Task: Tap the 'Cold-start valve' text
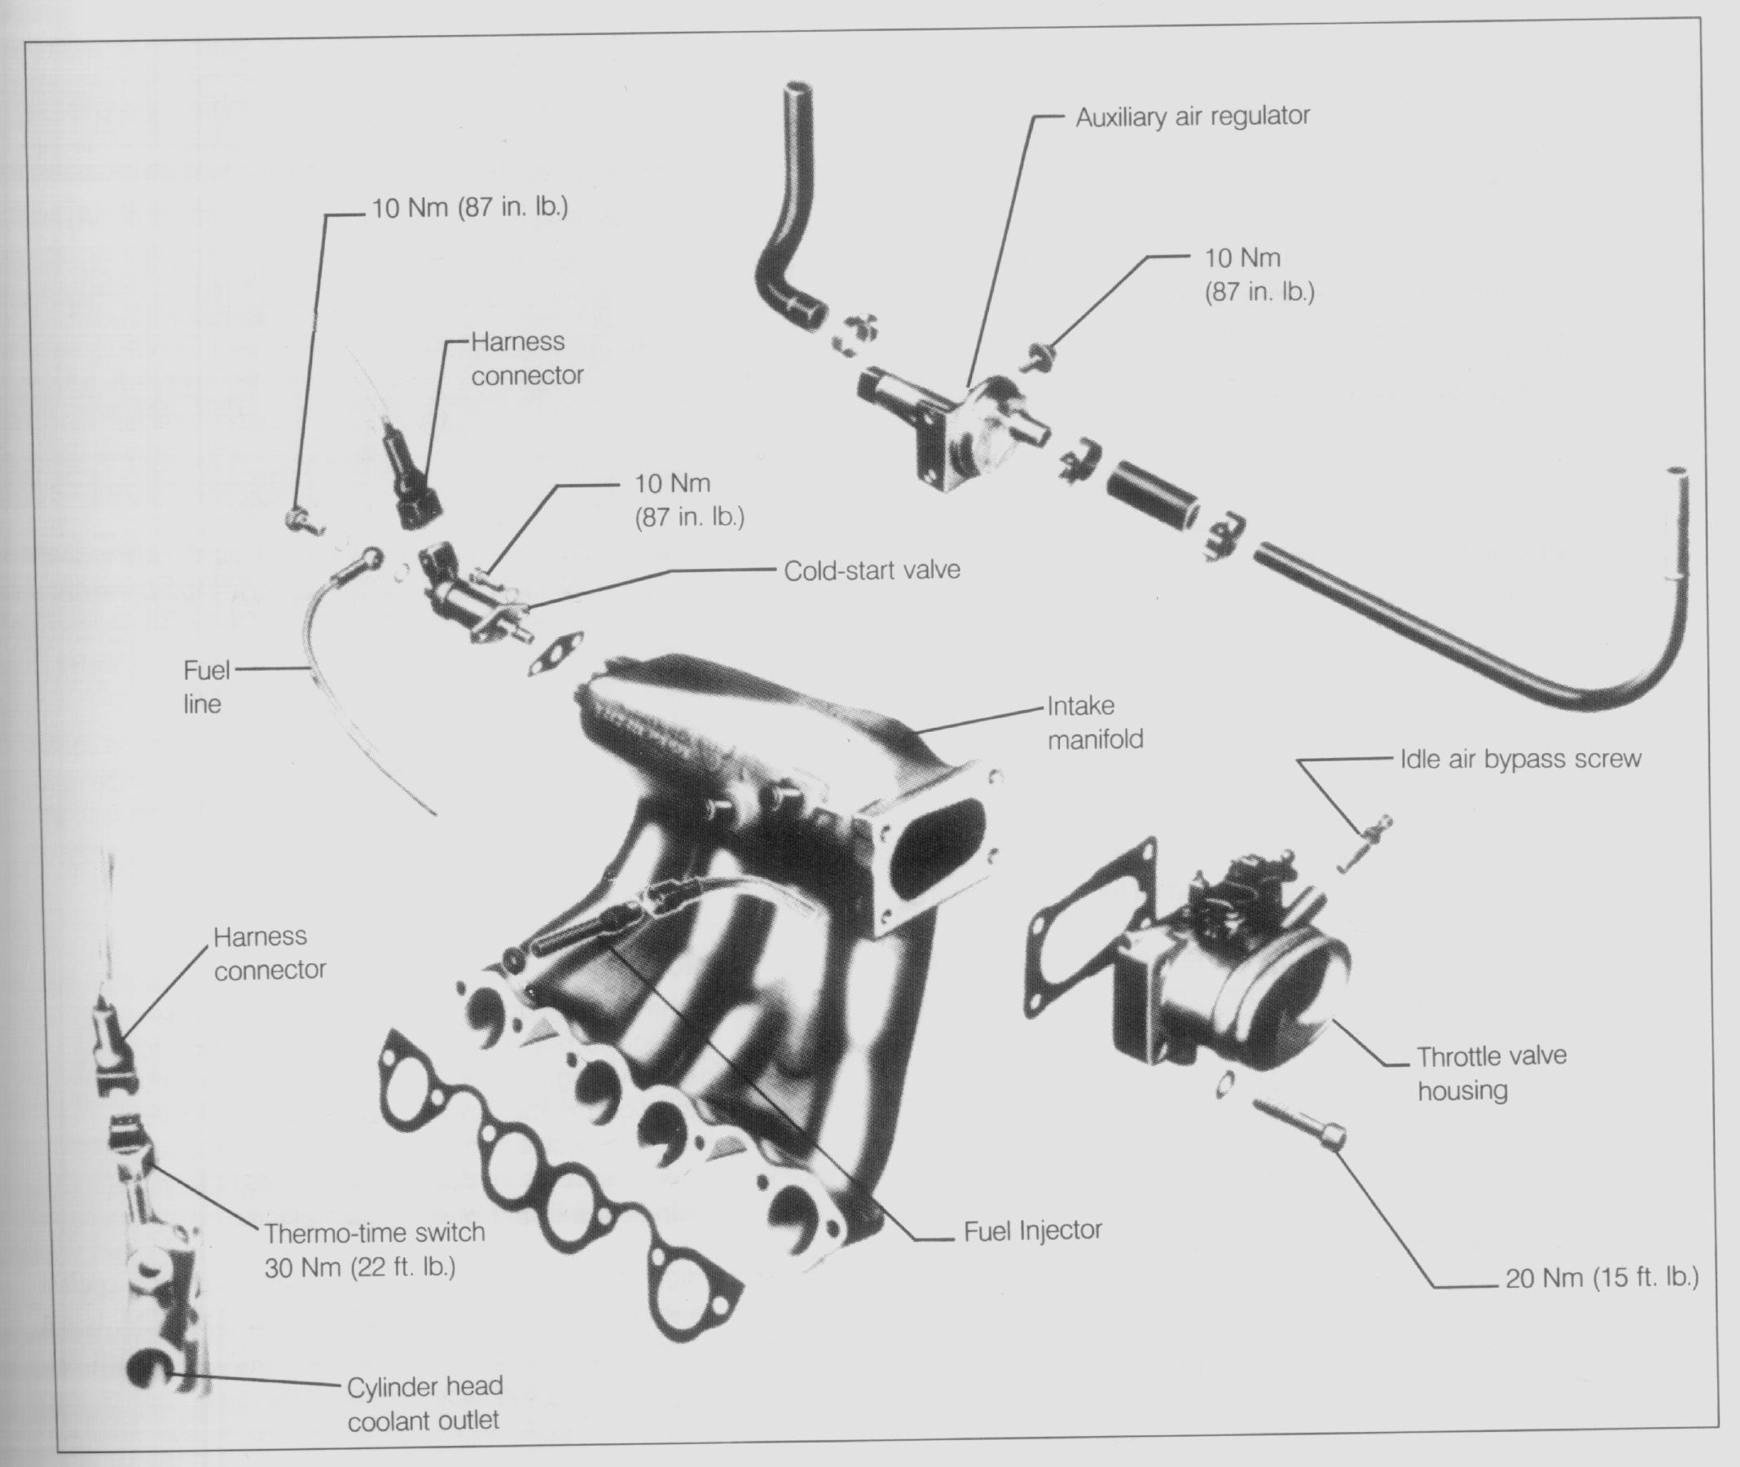[872, 570]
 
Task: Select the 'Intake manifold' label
[1094, 723]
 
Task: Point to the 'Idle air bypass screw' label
[1520, 759]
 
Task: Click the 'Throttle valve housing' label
[1491, 1073]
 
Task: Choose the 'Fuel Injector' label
[1033, 1231]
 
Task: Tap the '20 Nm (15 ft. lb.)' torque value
[1602, 1277]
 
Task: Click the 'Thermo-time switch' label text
[374, 1232]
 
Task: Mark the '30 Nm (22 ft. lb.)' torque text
[360, 1267]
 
